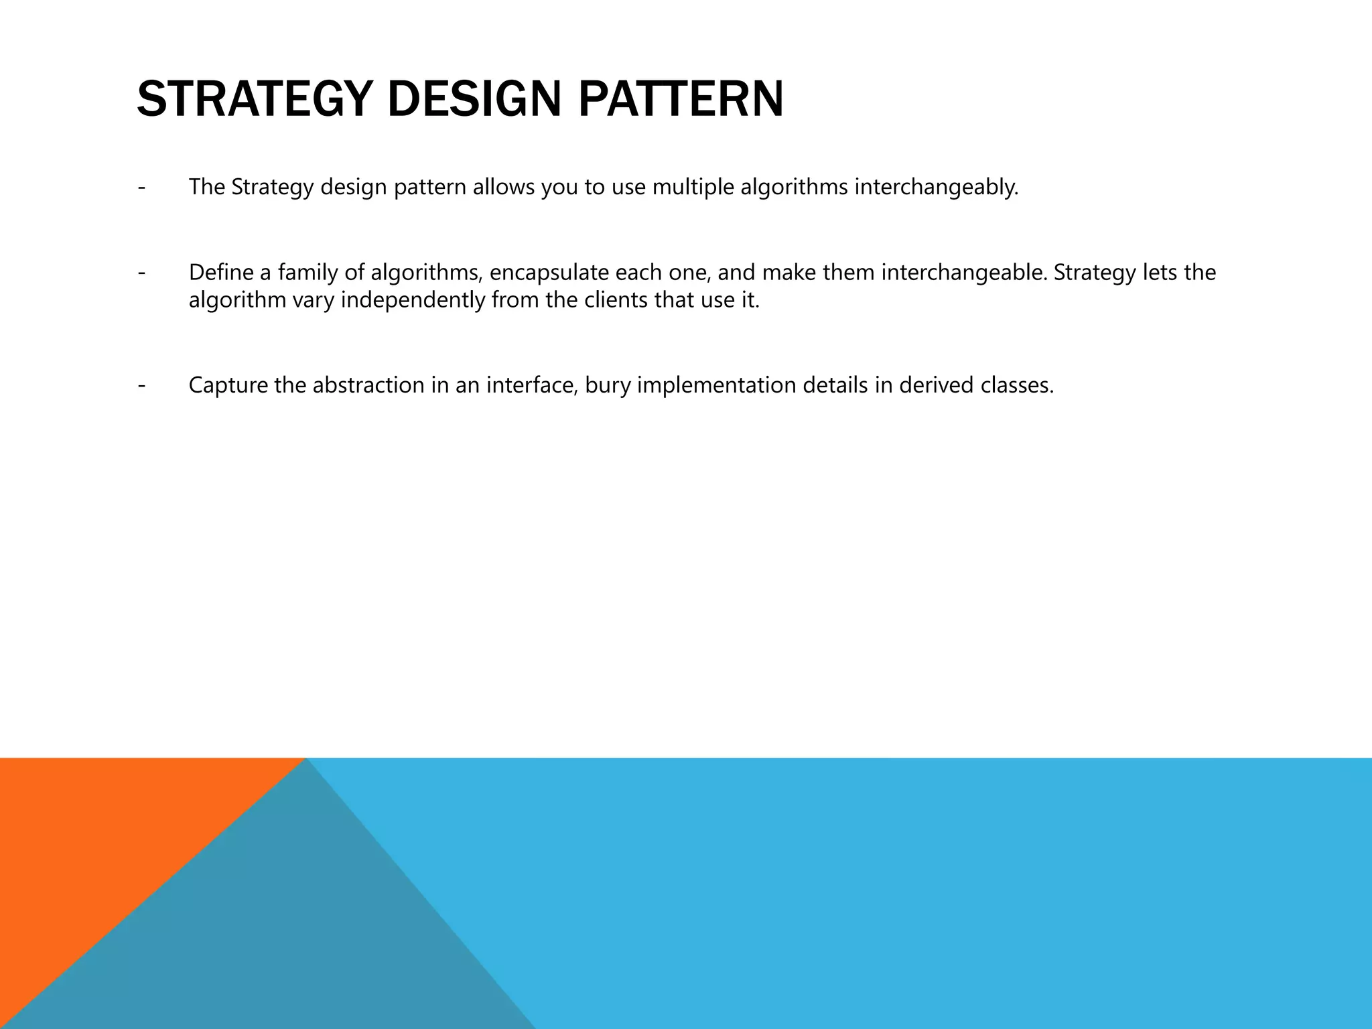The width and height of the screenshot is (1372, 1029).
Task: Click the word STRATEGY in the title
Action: (x=254, y=99)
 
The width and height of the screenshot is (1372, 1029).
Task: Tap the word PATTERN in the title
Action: (x=680, y=99)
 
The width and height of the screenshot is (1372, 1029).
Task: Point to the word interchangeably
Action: (x=936, y=187)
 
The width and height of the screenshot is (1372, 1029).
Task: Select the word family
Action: (x=308, y=273)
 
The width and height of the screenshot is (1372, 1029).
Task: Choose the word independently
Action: (x=412, y=300)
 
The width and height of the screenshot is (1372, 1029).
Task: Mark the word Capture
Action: (x=228, y=385)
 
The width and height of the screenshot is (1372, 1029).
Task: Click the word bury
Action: (x=608, y=385)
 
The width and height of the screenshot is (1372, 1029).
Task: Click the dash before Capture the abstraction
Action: (x=141, y=385)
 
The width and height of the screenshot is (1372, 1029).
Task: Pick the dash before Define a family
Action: (x=141, y=273)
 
